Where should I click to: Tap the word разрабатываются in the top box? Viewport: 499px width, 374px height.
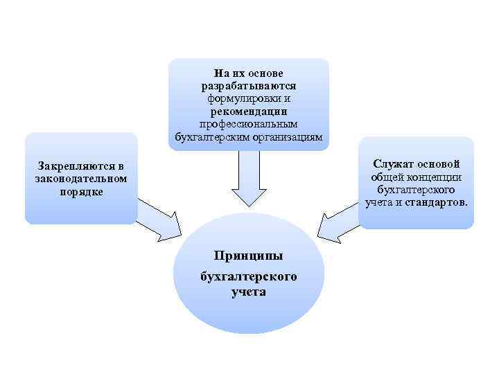(248, 86)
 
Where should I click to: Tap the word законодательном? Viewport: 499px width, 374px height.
(80, 179)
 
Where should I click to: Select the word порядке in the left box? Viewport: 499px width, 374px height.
(81, 191)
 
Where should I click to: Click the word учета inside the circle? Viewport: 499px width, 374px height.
(248, 292)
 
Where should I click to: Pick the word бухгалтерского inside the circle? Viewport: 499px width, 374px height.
(248, 276)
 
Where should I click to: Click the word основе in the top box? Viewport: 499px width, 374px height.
(264, 73)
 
